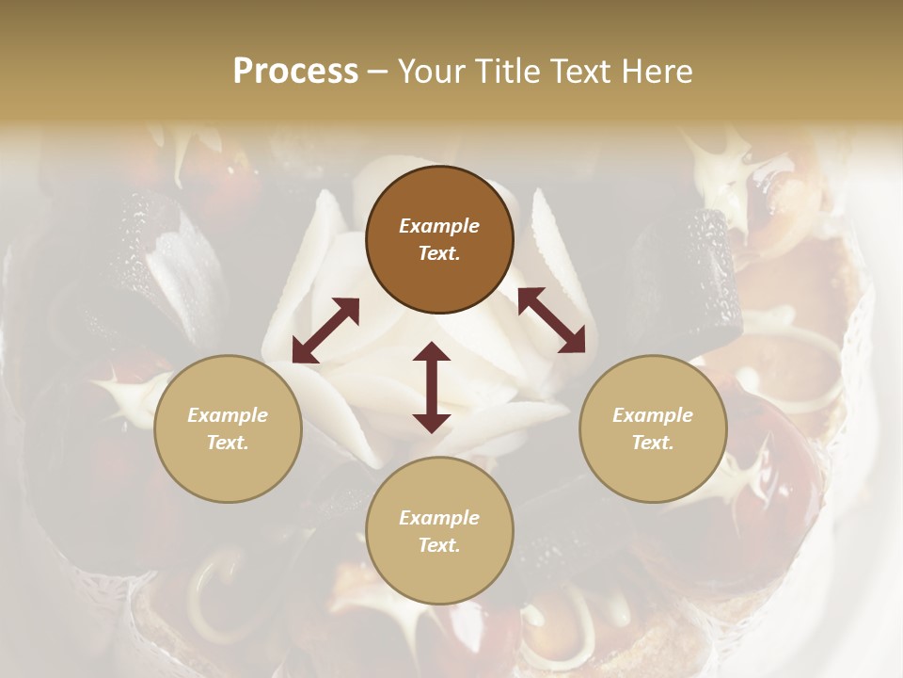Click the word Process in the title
tap(295, 72)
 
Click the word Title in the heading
tap(509, 72)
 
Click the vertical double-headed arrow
tap(432, 387)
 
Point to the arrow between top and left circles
tap(325, 331)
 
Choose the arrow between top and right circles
tap(551, 320)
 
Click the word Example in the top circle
tap(439, 226)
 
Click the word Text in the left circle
tap(228, 443)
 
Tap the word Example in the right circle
tap(653, 415)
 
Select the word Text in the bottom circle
tap(439, 545)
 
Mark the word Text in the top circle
tap(439, 253)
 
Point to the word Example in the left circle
tap(228, 415)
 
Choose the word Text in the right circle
tap(653, 443)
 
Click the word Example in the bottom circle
tap(439, 518)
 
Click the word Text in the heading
tap(584, 72)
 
